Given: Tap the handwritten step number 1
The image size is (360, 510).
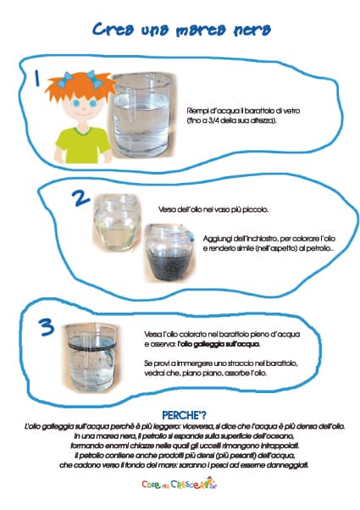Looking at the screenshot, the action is click(37, 78).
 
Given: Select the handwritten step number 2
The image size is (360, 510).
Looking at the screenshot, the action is click(81, 198).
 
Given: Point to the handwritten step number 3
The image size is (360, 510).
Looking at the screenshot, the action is click(47, 327).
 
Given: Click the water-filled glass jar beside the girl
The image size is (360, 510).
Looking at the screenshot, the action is click(142, 115).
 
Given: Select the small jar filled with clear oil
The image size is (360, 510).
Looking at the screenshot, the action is click(116, 223).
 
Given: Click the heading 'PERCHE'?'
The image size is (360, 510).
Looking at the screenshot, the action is click(184, 415).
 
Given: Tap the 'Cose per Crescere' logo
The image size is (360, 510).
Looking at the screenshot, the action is click(180, 484).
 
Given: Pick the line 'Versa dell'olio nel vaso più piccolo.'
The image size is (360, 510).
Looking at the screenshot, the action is click(213, 209).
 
